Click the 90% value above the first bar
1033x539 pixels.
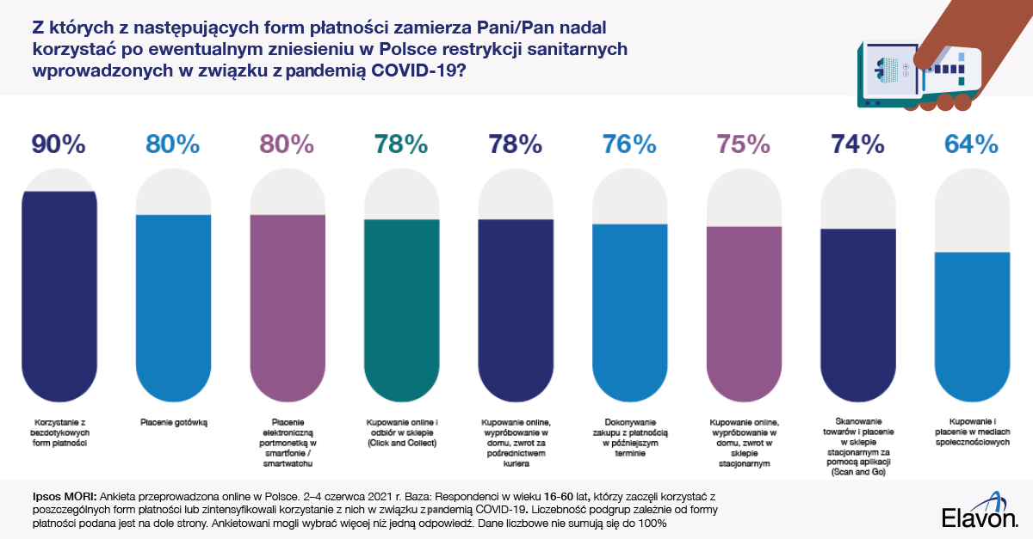(x=59, y=144)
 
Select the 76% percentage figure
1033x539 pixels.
(x=629, y=144)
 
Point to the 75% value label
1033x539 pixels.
(x=743, y=144)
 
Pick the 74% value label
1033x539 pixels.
(x=857, y=144)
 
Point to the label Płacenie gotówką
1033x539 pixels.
(x=173, y=422)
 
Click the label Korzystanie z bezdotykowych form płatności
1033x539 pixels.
(x=59, y=432)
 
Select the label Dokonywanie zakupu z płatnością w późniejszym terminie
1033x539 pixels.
(x=629, y=438)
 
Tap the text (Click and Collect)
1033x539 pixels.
(x=401, y=443)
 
